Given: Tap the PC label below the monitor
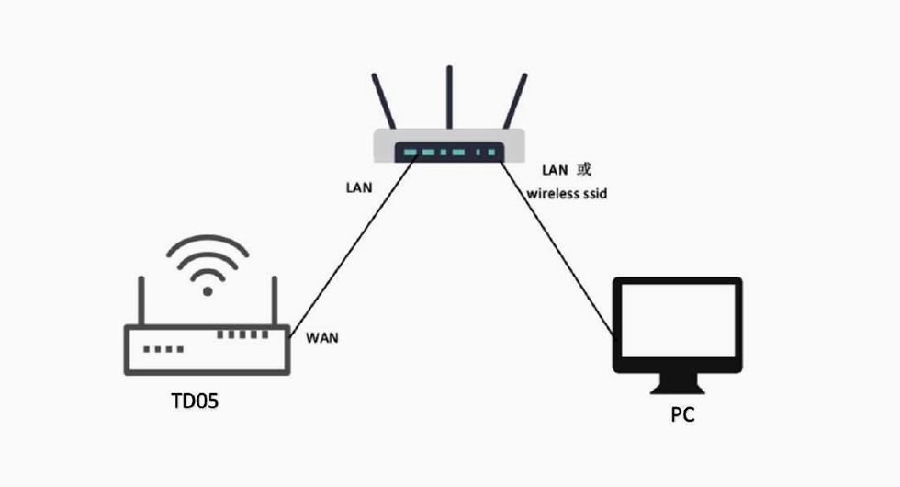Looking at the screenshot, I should (682, 415).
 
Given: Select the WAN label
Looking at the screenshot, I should (321, 337).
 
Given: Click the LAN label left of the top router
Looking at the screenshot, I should (358, 187).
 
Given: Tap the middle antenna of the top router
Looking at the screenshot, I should (449, 96).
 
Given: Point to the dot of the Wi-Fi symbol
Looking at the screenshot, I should (208, 290).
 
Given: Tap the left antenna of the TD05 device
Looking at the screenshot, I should (142, 299).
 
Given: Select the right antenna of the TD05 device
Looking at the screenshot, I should (273, 299).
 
